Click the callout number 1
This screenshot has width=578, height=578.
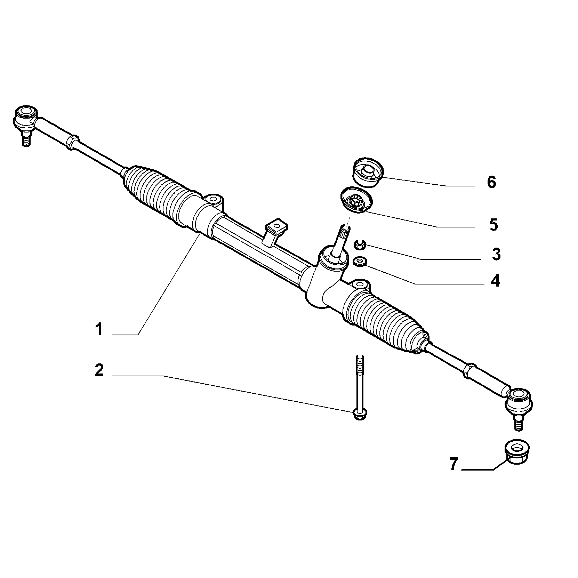[x=99, y=329]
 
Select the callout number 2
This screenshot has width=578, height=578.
[x=99, y=370]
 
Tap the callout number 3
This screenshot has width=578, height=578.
[x=496, y=254]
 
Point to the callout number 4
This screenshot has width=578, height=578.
[x=495, y=281]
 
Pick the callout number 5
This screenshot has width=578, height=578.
[x=493, y=225]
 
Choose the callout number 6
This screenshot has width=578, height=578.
[x=491, y=182]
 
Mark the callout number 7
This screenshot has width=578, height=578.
[x=454, y=464]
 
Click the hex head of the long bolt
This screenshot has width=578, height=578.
[x=359, y=414]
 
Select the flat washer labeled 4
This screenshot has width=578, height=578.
[x=359, y=261]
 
